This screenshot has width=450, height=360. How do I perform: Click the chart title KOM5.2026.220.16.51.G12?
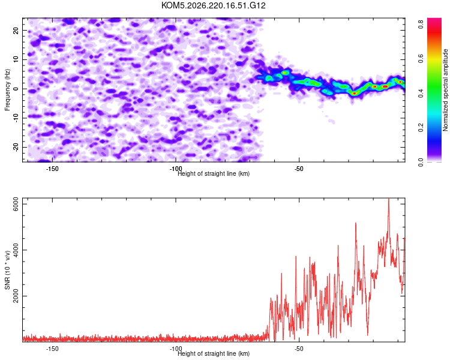click(x=213, y=5)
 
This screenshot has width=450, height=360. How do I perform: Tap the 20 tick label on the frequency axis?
click(x=16, y=31)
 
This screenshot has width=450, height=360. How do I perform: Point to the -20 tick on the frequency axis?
click(x=16, y=147)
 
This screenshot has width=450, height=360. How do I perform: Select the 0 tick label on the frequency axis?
click(x=16, y=89)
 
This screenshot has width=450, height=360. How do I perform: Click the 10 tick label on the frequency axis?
click(x=16, y=59)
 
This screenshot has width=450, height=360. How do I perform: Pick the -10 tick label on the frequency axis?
click(x=16, y=118)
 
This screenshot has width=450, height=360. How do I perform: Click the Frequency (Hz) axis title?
click(x=7, y=90)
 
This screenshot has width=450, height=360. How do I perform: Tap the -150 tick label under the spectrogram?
click(x=52, y=169)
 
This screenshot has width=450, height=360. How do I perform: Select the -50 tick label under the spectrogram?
click(x=298, y=169)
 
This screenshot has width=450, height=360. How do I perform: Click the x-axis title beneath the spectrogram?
click(x=214, y=173)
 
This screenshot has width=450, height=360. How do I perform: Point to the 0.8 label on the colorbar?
click(x=421, y=24)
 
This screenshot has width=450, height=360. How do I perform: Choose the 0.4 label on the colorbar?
click(x=421, y=94)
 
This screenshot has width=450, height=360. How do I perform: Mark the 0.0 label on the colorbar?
click(x=421, y=162)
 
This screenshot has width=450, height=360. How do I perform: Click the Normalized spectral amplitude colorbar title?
click(x=445, y=90)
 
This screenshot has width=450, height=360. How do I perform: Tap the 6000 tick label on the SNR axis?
click(x=16, y=204)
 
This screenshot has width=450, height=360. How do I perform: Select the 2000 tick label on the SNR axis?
click(x=16, y=296)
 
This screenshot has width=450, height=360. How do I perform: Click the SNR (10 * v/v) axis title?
click(x=7, y=270)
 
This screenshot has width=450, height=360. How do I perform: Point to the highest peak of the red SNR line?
click(x=389, y=199)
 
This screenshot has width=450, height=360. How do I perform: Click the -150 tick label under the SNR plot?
click(x=52, y=349)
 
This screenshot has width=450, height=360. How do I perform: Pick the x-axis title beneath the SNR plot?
click(x=214, y=353)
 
